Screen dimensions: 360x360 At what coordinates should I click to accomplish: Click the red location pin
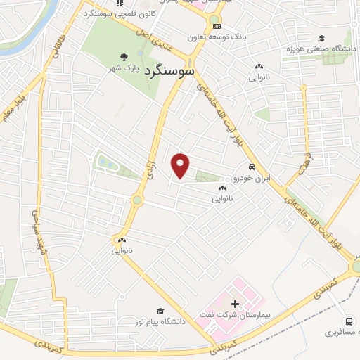181,165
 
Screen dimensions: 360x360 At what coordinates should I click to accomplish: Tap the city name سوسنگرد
168,72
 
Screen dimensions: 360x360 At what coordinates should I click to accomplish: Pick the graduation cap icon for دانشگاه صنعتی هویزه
321,39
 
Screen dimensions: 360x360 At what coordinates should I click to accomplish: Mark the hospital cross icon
235,303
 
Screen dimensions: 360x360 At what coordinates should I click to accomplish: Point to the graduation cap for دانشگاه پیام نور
160,311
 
